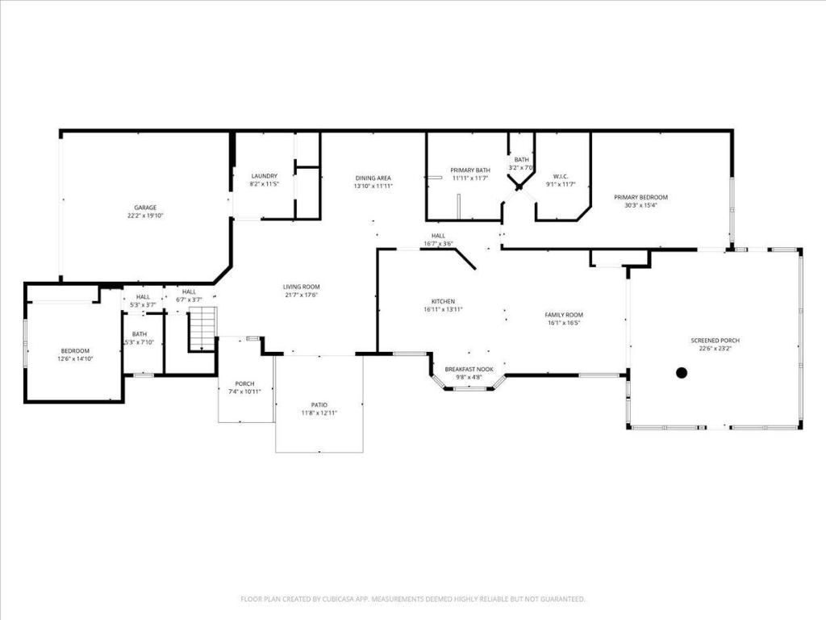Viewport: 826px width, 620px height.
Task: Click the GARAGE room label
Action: click(x=145, y=207)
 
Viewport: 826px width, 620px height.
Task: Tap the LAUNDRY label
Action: click(x=265, y=176)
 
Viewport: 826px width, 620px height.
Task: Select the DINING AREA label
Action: click(x=373, y=178)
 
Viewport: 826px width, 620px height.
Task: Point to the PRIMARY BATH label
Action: click(x=470, y=170)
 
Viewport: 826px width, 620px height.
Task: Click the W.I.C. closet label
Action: click(x=561, y=176)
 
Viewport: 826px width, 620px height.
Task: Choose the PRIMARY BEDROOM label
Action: click(x=640, y=197)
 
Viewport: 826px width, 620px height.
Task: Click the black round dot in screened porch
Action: click(x=682, y=372)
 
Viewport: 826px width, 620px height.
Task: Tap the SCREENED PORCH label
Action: click(x=715, y=341)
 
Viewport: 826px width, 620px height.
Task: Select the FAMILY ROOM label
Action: click(x=564, y=315)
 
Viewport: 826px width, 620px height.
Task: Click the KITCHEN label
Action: click(x=443, y=301)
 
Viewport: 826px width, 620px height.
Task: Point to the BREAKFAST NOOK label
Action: click(x=468, y=369)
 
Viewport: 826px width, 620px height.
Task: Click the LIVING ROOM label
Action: click(x=301, y=287)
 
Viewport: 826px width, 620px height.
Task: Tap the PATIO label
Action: click(x=319, y=404)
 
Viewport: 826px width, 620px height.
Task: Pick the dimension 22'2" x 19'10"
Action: click(x=145, y=216)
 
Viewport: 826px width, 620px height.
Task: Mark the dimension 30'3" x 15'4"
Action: click(x=640, y=205)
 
